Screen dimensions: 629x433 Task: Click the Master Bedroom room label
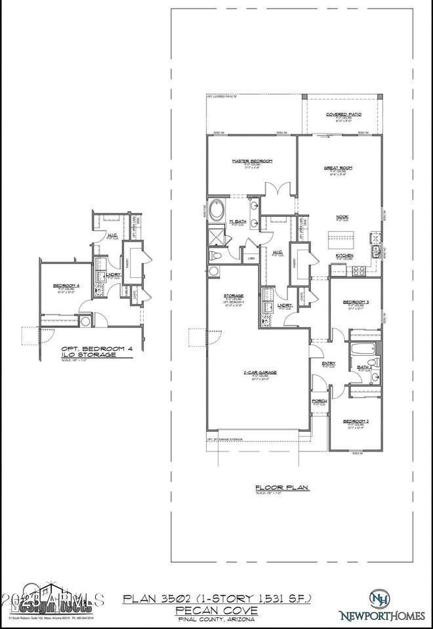point(252,161)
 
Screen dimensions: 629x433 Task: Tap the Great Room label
point(339,168)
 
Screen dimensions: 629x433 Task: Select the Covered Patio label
point(344,114)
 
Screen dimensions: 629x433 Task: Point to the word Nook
point(342,217)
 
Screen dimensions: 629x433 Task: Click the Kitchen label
point(345,255)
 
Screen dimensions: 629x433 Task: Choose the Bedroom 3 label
point(356,302)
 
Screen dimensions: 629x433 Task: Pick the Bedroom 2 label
point(356,423)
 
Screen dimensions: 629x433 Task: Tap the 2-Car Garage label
point(260,372)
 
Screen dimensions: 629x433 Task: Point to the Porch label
point(320,400)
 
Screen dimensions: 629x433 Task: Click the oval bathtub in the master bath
point(216,211)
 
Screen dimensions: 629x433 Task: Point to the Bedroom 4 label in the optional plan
point(66,285)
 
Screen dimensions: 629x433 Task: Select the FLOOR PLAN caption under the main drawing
point(276,487)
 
